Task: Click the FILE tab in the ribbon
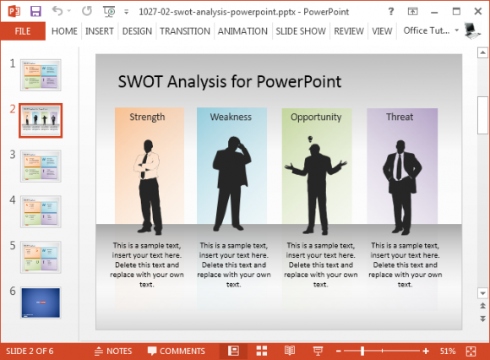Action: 23,31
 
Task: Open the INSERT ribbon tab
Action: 100,31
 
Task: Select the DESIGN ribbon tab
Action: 137,31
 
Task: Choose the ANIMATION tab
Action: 242,31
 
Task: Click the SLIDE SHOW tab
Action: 301,31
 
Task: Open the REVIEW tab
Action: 349,31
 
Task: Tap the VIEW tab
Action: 383,31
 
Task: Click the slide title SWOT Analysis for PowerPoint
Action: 229,82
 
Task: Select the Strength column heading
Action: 147,117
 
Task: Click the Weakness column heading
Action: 231,117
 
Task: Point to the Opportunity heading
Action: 316,117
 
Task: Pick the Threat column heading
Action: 400,117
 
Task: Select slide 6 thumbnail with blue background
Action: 41,303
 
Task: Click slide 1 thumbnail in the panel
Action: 41,75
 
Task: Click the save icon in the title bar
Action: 35,12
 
